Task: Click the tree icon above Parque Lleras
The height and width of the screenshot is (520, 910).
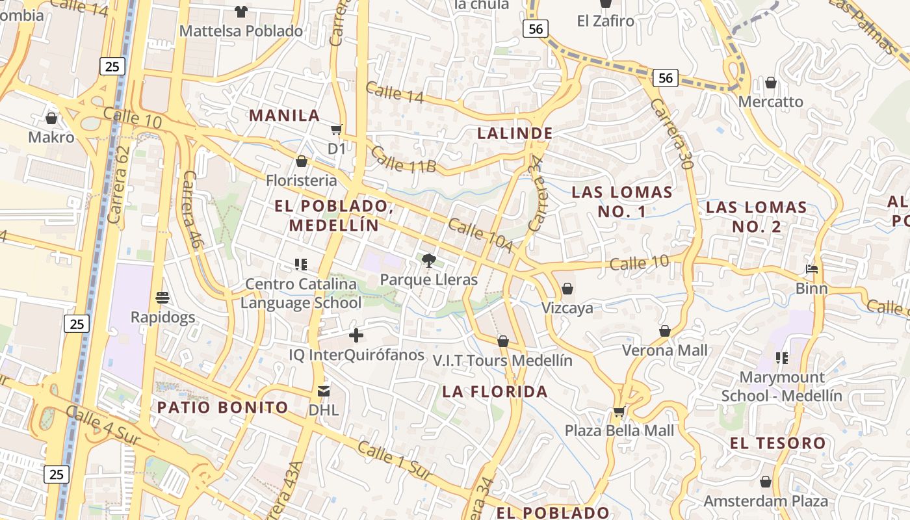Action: click(x=428, y=261)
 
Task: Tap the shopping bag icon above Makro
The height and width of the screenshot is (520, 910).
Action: click(x=51, y=118)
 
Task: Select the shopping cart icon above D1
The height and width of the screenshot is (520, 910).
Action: click(x=336, y=130)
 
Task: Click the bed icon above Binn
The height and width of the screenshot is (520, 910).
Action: click(x=811, y=269)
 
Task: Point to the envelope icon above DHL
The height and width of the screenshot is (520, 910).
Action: click(x=323, y=391)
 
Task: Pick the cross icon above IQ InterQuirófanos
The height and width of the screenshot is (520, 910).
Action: click(x=356, y=335)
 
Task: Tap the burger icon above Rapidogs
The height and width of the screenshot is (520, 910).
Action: click(x=162, y=298)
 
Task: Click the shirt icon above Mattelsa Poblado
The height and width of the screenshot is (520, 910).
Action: click(x=241, y=11)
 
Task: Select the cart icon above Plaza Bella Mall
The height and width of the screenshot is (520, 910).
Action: click(x=619, y=411)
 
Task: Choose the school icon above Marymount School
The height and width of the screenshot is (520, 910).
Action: click(x=782, y=357)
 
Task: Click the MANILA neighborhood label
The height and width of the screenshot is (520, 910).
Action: click(x=285, y=116)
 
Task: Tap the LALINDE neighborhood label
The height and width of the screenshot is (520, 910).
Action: click(x=515, y=133)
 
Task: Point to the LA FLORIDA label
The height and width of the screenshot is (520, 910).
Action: click(x=495, y=391)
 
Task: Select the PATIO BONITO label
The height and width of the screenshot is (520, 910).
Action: click(x=223, y=408)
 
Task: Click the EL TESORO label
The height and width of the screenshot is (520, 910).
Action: click(x=777, y=443)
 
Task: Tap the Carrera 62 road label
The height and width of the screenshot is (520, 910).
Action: click(x=120, y=185)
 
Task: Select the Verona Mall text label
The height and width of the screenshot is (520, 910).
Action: click(x=665, y=350)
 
